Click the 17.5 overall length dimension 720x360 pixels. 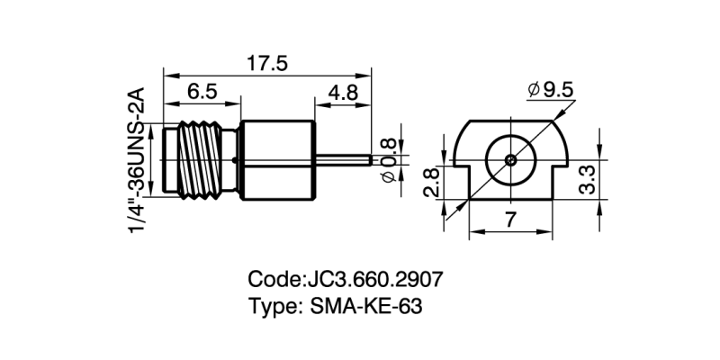[267, 63]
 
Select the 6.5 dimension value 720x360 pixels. [202, 92]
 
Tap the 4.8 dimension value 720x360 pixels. [344, 92]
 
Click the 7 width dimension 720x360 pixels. [510, 219]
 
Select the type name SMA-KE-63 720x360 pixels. [364, 306]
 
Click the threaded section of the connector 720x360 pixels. [205, 159]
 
